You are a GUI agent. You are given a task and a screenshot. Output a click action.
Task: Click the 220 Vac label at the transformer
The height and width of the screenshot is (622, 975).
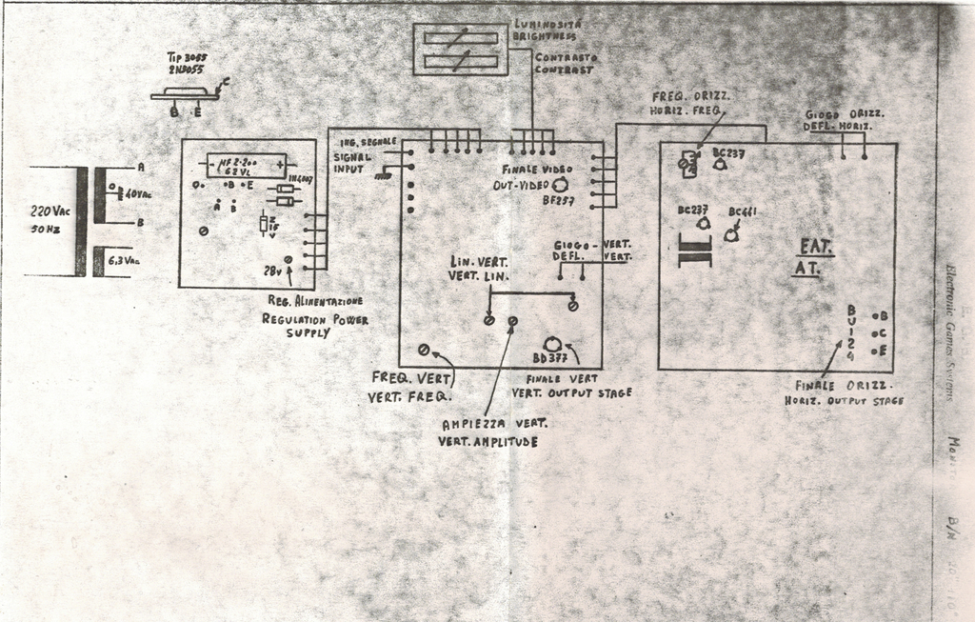click(50, 211)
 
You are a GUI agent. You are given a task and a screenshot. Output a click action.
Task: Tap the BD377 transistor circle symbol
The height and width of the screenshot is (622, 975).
click(551, 344)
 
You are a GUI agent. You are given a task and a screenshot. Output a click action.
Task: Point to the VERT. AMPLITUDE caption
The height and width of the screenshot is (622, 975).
click(487, 441)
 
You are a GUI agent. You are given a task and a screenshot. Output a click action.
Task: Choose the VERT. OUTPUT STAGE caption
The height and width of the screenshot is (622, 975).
click(571, 392)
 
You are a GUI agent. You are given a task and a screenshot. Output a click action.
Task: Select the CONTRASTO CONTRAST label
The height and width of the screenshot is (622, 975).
click(564, 64)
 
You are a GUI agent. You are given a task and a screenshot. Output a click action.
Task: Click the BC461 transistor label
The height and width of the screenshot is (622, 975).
click(743, 211)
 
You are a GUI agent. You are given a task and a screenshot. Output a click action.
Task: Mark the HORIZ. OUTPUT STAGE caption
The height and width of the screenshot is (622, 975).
click(844, 401)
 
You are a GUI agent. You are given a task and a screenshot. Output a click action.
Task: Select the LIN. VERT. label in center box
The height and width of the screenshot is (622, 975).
click(479, 261)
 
